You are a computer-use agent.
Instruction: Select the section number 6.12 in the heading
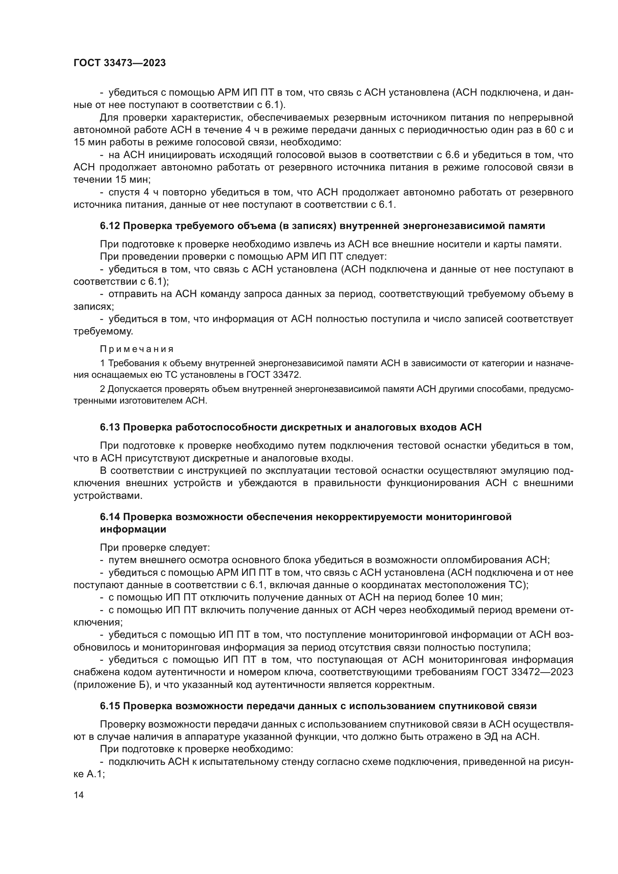coord(110,226)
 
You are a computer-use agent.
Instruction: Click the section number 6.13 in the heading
coord(110,427)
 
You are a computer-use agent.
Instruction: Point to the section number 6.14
coord(110,516)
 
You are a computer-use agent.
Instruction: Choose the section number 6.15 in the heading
coord(110,706)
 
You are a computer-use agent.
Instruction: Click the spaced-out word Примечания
coord(137,349)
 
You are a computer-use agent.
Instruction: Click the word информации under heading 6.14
coord(133,529)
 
